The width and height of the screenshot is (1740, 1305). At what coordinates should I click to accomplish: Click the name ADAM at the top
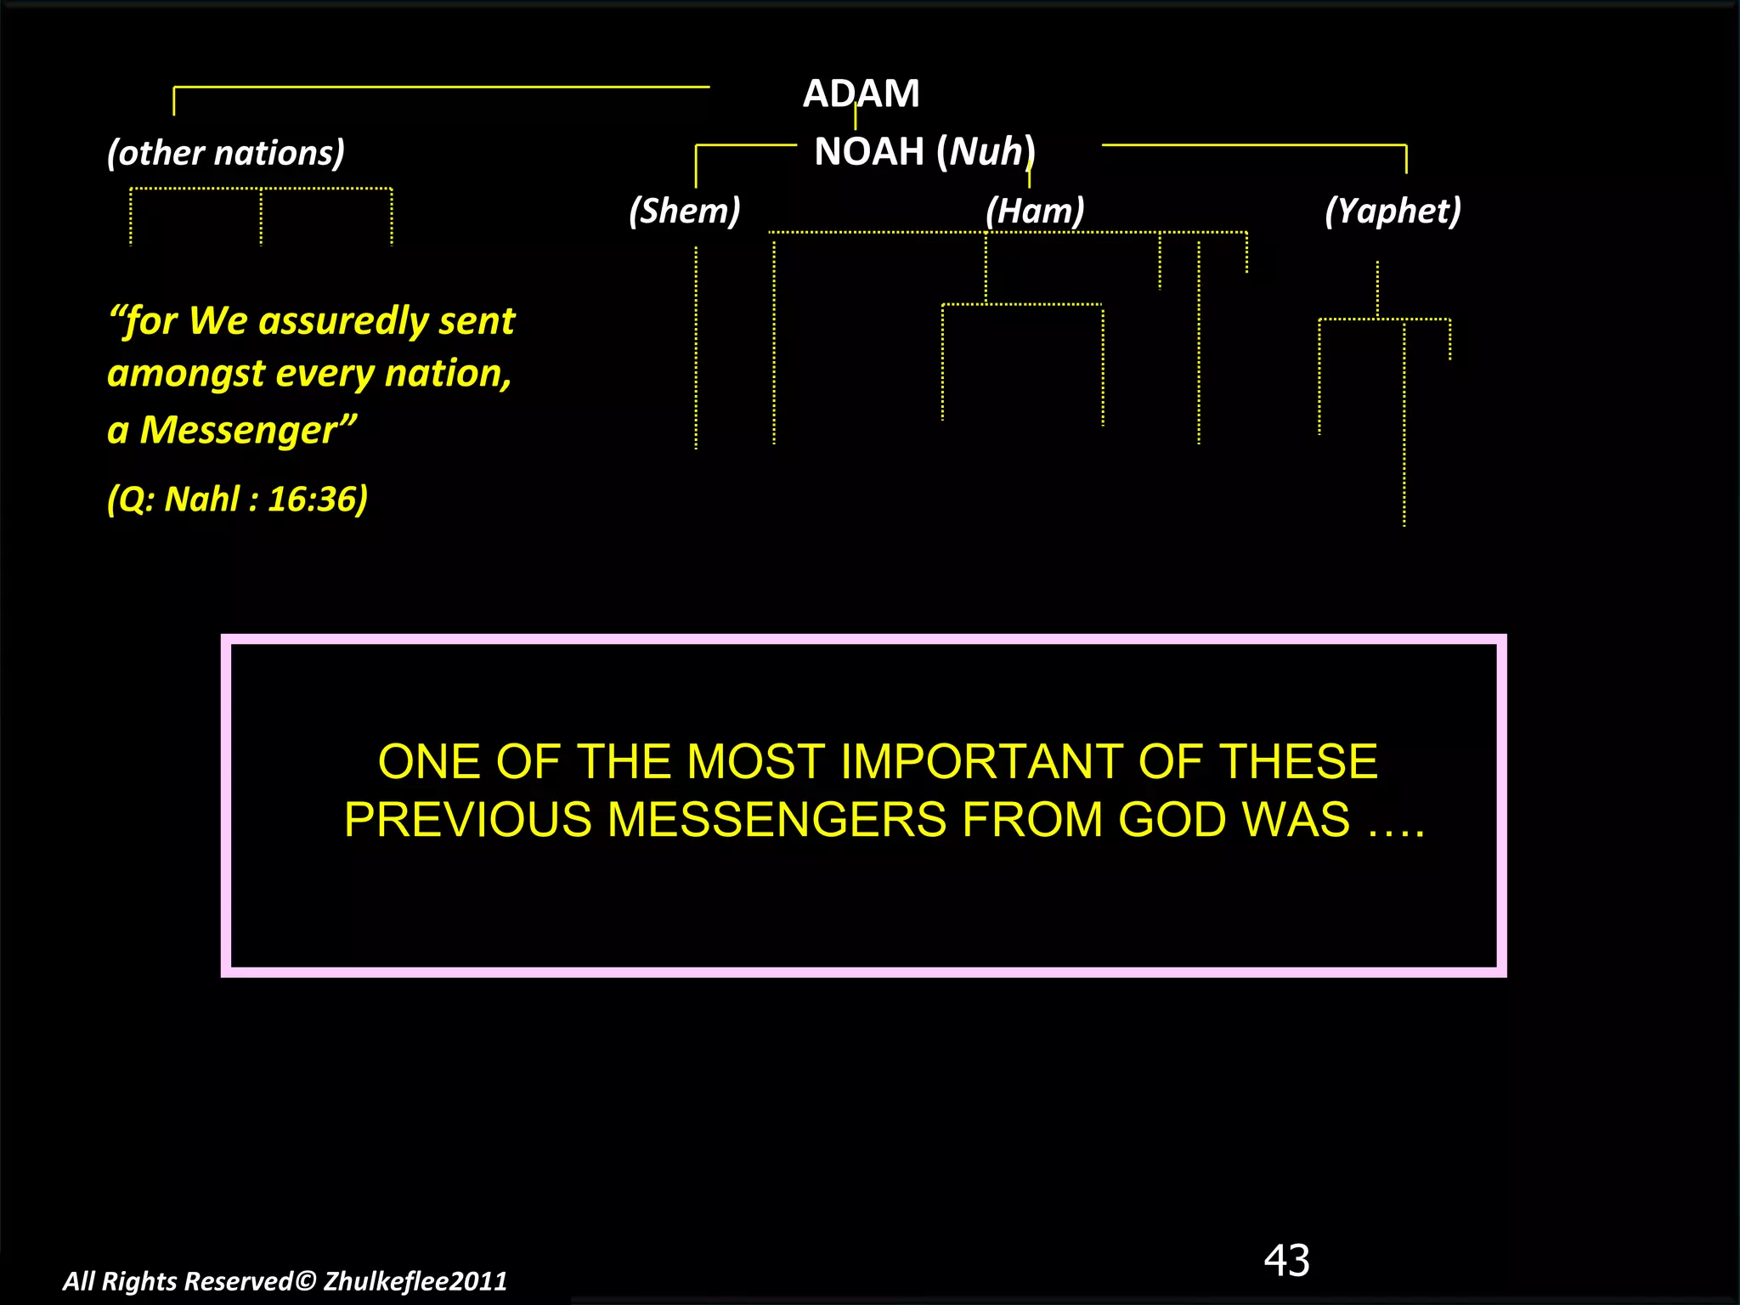pyautogui.click(x=861, y=93)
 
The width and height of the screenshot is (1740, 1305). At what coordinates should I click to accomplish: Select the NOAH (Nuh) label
pyautogui.click(x=924, y=152)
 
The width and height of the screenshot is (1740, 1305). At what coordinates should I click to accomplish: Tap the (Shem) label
pyautogui.click(x=684, y=211)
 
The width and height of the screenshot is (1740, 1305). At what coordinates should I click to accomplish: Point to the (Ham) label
pyautogui.click(x=1035, y=211)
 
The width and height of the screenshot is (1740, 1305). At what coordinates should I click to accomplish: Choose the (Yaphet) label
pyautogui.click(x=1393, y=211)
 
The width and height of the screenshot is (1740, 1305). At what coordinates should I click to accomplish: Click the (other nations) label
pyautogui.click(x=226, y=153)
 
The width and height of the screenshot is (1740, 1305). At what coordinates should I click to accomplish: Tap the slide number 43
pyautogui.click(x=1286, y=1260)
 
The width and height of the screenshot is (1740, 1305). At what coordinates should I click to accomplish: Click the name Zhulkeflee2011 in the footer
pyautogui.click(x=415, y=1281)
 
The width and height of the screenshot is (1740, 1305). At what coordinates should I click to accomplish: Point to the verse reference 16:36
pyautogui.click(x=317, y=499)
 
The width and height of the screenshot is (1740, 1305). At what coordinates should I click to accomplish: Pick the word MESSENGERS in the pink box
pyautogui.click(x=777, y=820)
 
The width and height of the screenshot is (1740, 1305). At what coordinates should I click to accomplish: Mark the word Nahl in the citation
pyautogui.click(x=201, y=499)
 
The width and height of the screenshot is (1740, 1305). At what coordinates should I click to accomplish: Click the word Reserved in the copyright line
pyautogui.click(x=239, y=1281)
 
